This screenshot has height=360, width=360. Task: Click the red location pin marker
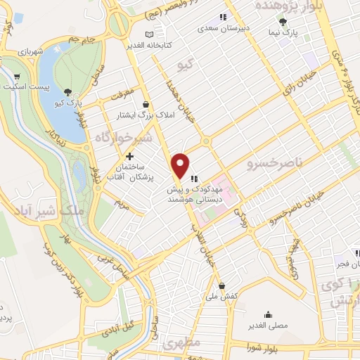click(181, 165)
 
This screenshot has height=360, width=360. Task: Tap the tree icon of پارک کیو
click(67, 92)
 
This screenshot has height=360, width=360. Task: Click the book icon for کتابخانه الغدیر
click(148, 34)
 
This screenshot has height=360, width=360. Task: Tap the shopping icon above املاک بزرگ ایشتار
click(145, 104)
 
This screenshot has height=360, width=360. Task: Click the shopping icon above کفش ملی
click(222, 286)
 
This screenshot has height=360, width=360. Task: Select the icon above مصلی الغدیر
click(269, 314)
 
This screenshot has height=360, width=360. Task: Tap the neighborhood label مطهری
click(182, 345)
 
